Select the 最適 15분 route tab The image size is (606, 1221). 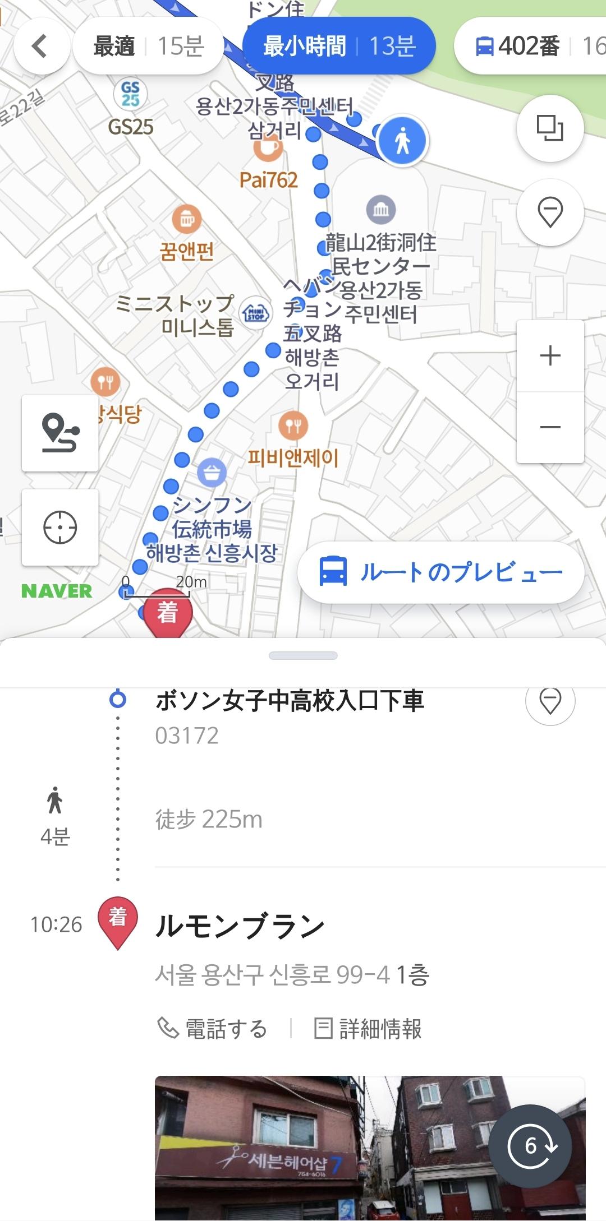[x=148, y=47]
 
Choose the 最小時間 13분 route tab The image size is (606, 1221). [x=339, y=47]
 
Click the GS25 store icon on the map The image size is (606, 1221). [x=130, y=94]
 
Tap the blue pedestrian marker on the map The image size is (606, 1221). [x=402, y=140]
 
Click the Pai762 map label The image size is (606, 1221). [x=268, y=180]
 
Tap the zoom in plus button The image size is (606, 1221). [x=550, y=355]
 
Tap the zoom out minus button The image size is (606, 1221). [x=550, y=427]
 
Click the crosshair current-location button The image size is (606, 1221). [x=60, y=527]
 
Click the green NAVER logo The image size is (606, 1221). [x=57, y=591]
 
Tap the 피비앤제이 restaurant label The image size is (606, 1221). [x=293, y=458]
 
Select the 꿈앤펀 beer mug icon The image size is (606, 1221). [x=187, y=219]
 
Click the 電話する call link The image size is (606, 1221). [x=213, y=1029]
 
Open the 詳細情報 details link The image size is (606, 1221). [x=368, y=1029]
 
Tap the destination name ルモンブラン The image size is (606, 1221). [x=240, y=926]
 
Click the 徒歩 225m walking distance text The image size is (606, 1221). [x=209, y=820]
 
